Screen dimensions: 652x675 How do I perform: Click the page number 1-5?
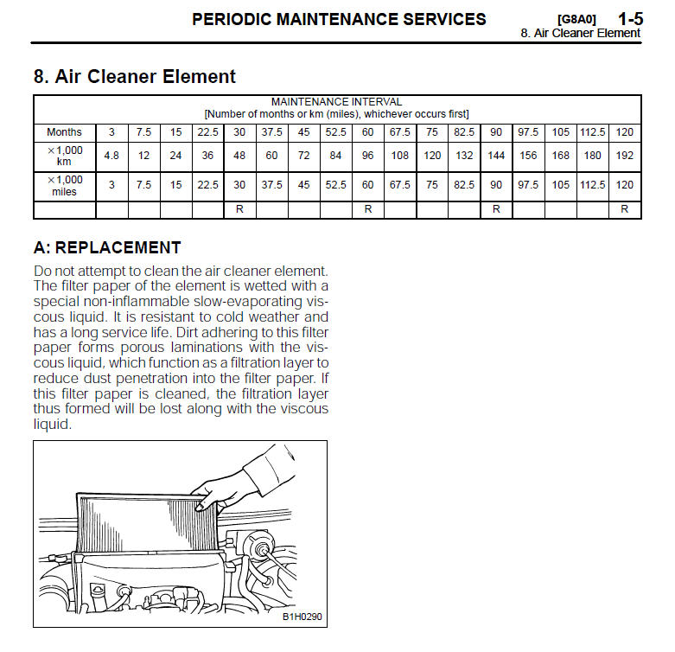(629, 18)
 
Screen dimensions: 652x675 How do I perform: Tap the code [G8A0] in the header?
(576, 19)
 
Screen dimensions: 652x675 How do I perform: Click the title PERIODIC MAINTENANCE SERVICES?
(339, 19)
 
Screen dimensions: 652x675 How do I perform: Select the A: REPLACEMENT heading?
(106, 247)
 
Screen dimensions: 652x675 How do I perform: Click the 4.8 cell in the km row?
(111, 156)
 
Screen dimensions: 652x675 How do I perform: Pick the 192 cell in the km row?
(625, 156)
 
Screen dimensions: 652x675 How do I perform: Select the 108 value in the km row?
(400, 156)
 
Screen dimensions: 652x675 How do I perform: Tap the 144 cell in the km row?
(496, 156)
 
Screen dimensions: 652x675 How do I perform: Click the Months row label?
(64, 132)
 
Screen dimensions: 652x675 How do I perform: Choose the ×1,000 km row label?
(64, 156)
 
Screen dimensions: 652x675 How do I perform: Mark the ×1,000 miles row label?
(64, 185)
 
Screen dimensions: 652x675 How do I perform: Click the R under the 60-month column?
(368, 209)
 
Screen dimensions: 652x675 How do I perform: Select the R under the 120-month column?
(625, 209)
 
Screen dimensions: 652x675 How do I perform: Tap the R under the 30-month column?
(239, 209)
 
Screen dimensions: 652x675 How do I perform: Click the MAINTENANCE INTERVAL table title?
(336, 102)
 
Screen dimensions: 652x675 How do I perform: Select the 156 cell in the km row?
(528, 156)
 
